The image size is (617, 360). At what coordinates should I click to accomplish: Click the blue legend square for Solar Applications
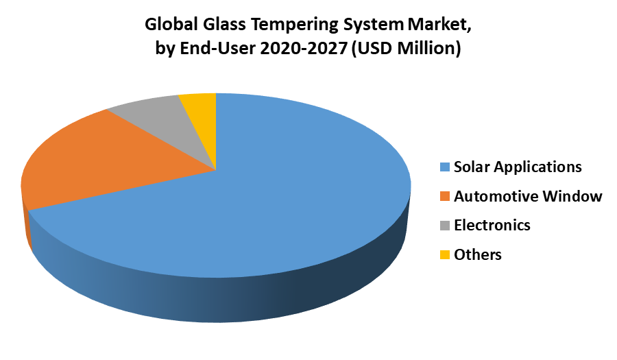[445, 167]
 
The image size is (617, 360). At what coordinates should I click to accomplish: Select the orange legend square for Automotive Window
[445, 196]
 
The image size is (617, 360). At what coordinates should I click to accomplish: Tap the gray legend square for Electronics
[445, 226]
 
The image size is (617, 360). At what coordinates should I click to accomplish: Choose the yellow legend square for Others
[445, 254]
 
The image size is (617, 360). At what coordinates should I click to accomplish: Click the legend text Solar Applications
[518, 167]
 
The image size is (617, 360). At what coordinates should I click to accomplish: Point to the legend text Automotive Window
[528, 196]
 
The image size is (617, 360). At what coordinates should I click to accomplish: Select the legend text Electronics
[492, 225]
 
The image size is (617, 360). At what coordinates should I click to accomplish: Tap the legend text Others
[478, 254]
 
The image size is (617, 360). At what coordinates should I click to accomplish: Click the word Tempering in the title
[295, 25]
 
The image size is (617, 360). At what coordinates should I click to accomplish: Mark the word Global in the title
[171, 24]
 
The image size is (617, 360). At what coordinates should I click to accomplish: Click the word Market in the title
[439, 25]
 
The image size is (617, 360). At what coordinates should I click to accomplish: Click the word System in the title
[374, 25]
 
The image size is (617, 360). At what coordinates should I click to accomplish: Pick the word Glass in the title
[224, 24]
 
